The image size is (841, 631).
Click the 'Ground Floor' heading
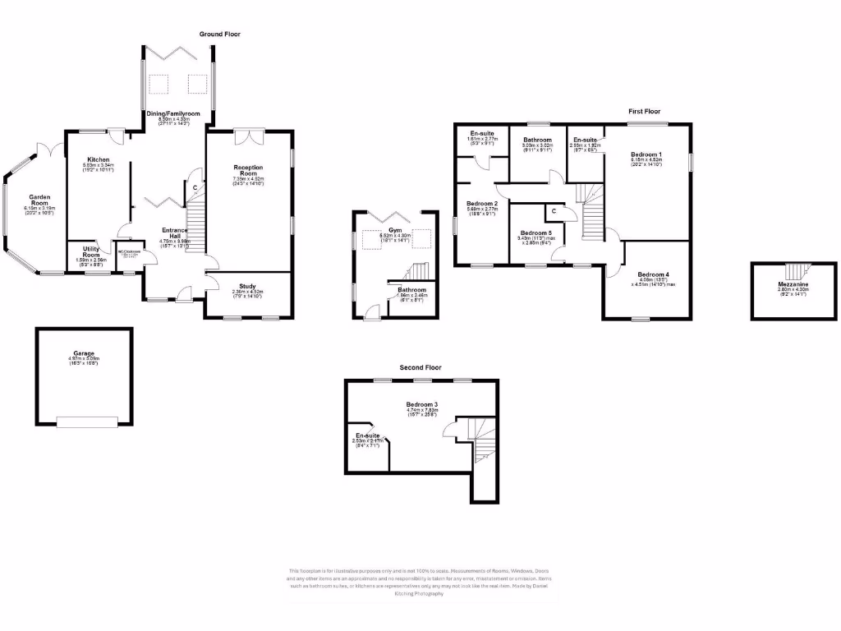pos(219,35)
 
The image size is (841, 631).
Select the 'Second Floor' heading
pos(420,367)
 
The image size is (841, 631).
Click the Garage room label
pos(83,354)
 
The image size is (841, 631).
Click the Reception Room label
pos(247,170)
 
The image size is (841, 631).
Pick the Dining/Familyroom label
pos(173,113)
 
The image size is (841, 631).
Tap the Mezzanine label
pos(793,284)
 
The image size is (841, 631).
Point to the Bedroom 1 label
pos(646,154)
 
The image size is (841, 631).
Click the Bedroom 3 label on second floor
pos(421,404)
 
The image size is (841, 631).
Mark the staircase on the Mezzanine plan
pos(793,270)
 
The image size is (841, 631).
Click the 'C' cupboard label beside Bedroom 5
pos(554,211)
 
